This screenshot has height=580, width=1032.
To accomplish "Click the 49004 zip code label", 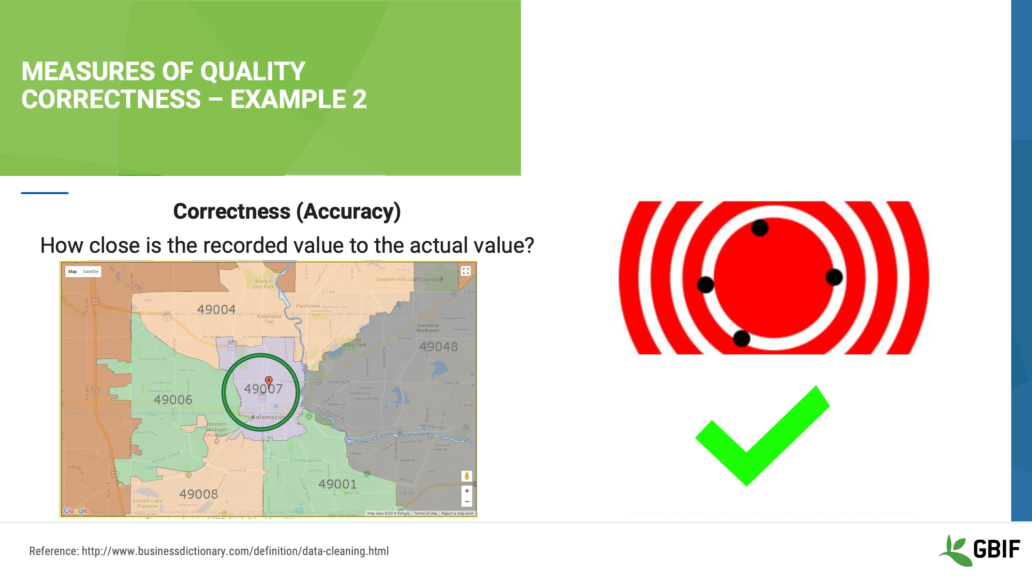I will [x=216, y=310].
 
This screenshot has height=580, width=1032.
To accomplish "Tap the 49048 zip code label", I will [x=438, y=347].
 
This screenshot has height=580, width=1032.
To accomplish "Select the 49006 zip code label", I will [x=173, y=400].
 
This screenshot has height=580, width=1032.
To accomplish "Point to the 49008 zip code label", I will [x=198, y=494].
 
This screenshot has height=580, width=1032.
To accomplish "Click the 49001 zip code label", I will [x=337, y=484].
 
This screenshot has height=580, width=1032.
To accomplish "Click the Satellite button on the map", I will [x=90, y=272].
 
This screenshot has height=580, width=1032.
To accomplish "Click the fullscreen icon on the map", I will [x=466, y=271].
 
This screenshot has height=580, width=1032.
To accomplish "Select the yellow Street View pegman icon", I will [x=466, y=476].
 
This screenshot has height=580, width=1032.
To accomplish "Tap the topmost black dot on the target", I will [x=760, y=228].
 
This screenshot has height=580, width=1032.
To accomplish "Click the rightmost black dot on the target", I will [x=834, y=277].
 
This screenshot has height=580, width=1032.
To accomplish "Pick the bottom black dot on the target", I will [x=742, y=338].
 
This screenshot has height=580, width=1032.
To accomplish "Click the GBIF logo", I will [x=980, y=550].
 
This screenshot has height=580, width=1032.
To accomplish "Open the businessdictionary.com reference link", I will [x=235, y=551].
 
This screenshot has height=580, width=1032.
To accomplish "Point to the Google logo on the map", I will [x=76, y=511].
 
